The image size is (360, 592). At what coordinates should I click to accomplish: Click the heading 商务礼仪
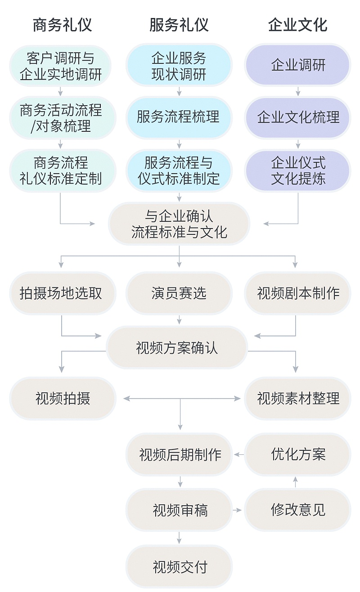click(62, 25)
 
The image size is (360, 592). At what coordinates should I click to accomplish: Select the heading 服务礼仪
click(179, 25)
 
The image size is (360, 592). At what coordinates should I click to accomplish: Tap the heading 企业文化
click(297, 25)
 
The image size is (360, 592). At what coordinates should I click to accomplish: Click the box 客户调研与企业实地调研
click(61, 66)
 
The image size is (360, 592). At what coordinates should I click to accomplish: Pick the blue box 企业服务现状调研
click(179, 66)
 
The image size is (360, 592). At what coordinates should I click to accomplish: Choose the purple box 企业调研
click(297, 66)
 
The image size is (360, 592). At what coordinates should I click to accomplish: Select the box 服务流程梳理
click(179, 118)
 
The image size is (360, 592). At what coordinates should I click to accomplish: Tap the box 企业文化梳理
click(297, 118)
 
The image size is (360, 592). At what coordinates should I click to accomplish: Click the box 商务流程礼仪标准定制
click(61, 170)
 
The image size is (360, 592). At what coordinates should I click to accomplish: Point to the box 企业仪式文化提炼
click(297, 170)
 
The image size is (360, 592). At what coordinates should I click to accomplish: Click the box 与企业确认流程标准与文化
click(179, 224)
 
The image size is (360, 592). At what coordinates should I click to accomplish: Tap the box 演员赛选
click(179, 293)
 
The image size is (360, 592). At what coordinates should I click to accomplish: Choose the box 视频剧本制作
click(297, 293)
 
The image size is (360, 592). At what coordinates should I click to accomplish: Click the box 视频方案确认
click(177, 348)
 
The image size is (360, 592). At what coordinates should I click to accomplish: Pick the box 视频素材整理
click(297, 399)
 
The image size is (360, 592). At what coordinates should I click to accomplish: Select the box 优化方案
click(297, 454)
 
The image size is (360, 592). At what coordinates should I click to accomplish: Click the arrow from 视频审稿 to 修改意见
click(238, 510)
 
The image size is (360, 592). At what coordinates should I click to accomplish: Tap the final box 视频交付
click(179, 567)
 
